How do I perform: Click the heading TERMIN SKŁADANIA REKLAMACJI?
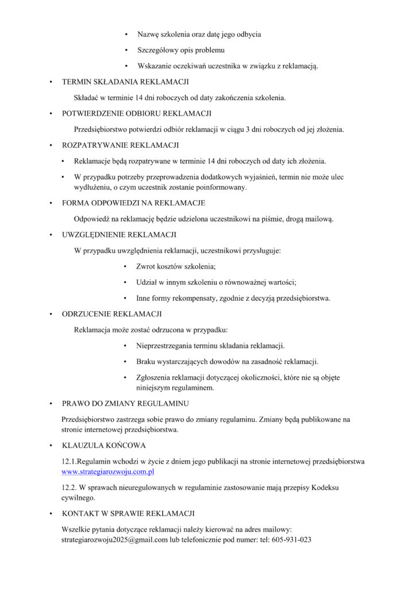tap(125, 82)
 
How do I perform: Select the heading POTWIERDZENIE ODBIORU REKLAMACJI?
tap(137, 113)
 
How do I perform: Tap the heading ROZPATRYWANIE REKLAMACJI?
tap(120, 145)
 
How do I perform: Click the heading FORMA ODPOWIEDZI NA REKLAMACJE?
tap(133, 203)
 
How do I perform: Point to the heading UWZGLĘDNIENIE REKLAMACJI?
tap(119, 235)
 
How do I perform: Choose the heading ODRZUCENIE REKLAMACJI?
tap(111, 314)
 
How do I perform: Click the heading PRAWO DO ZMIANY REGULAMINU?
tap(125, 404)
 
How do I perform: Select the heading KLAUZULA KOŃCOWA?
tap(104, 445)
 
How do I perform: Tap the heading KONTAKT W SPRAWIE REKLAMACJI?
tap(128, 513)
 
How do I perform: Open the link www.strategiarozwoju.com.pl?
tap(108, 472)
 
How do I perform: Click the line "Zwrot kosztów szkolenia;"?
tap(176, 267)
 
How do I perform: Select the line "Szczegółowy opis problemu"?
tap(180, 51)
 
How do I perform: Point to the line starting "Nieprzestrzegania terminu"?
tap(210, 346)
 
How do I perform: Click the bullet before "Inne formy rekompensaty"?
tap(125, 299)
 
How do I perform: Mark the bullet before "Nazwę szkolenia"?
tap(126, 35)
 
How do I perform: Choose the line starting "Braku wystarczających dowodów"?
tap(227, 362)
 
